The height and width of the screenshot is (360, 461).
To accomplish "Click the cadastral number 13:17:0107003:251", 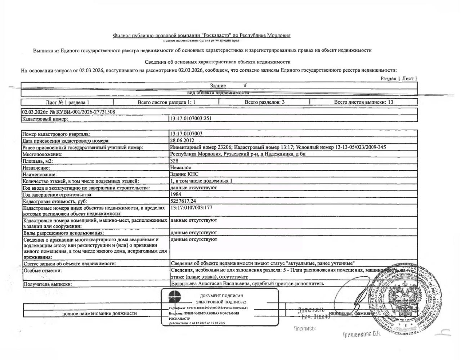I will (x=188, y=118).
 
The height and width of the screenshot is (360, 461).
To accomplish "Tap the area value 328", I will (x=174, y=161).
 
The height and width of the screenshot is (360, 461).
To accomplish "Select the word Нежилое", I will (x=180, y=167).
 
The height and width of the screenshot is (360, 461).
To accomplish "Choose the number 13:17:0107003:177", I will (x=192, y=208).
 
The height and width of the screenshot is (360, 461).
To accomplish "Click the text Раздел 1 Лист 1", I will (x=399, y=78).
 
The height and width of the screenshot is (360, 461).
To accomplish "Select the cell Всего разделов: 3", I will (x=265, y=102).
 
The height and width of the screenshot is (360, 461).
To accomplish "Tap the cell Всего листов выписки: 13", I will (x=363, y=102).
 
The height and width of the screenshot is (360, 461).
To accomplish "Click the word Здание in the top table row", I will (x=218, y=86).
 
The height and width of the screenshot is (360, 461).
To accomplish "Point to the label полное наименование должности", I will (x=99, y=314).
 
